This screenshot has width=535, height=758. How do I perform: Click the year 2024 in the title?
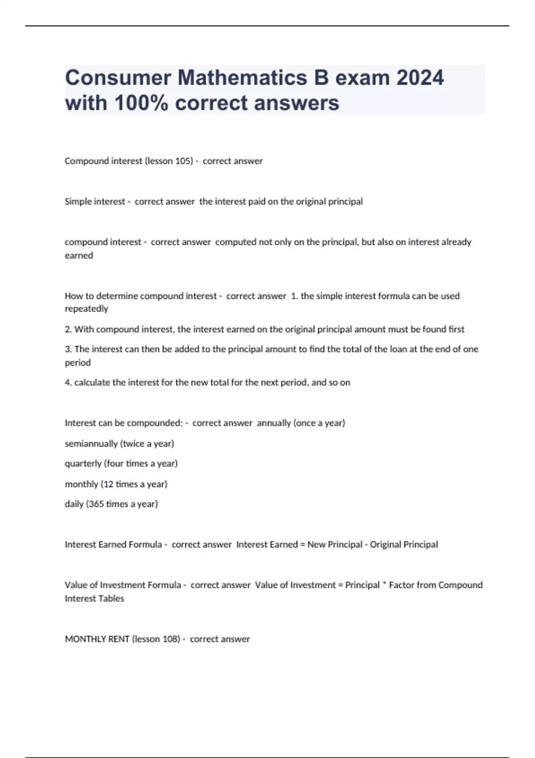[420, 78]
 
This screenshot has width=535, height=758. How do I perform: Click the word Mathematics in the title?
[243, 78]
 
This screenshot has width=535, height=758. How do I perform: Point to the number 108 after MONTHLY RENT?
[171, 639]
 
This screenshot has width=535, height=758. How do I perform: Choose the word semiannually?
[91, 444]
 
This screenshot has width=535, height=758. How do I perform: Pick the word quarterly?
[83, 464]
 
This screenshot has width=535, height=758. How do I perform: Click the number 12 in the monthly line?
[108, 484]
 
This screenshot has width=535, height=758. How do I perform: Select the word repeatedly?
[86, 309]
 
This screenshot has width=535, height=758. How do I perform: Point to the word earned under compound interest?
[79, 255]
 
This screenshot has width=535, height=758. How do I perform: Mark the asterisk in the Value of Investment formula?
[384, 584]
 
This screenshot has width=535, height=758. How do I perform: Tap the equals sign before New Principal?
[303, 544]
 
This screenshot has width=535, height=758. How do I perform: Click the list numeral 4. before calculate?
[68, 383]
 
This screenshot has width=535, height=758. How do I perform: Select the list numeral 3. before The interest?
[68, 349]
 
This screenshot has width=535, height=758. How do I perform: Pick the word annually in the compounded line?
[274, 423]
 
